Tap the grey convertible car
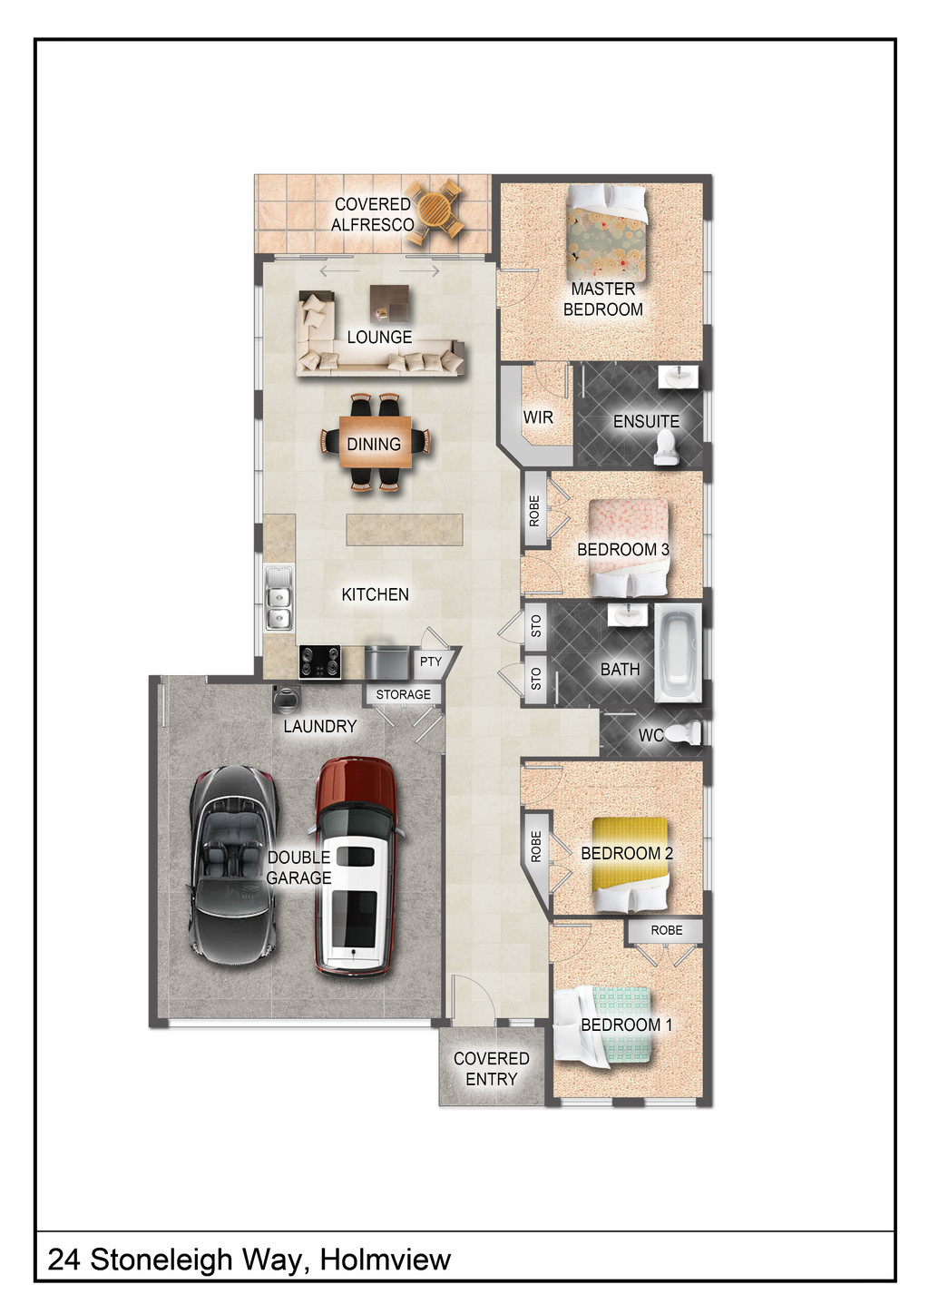[x=232, y=866]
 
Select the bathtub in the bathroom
[x=678, y=652]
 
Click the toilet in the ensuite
[x=666, y=447]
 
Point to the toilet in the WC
[x=686, y=732]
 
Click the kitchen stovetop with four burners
[x=319, y=662]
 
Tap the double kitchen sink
[x=279, y=598]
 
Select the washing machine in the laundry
[x=287, y=700]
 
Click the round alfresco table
[x=435, y=211]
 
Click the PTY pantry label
[x=431, y=662]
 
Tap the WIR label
[x=538, y=417]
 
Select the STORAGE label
[x=403, y=694]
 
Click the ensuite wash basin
[x=678, y=376]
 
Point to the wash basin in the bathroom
[x=627, y=615]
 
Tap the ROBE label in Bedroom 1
[x=666, y=930]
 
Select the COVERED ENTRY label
[x=492, y=1069]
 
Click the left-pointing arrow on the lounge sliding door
[x=339, y=270]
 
